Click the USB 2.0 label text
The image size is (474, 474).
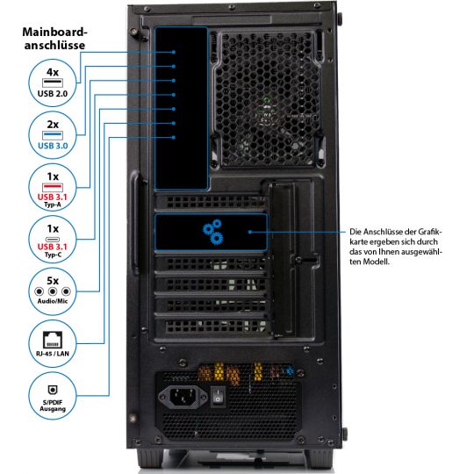click(x=53, y=94)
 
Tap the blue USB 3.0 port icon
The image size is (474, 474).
click(x=53, y=135)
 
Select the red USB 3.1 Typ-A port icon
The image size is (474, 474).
click(x=53, y=187)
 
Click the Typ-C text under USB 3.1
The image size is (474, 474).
click(x=53, y=255)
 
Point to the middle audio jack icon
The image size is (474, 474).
click(x=53, y=291)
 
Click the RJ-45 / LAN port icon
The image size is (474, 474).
click(x=53, y=340)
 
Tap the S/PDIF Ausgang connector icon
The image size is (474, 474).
click(x=53, y=390)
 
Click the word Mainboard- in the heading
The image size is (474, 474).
click(x=54, y=32)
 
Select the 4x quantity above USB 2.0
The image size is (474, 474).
click(x=53, y=72)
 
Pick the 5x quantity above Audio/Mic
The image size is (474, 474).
click(x=53, y=281)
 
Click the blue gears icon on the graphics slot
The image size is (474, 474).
click(x=212, y=232)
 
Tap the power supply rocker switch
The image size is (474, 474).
click(x=218, y=397)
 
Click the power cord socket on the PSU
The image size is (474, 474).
click(x=183, y=397)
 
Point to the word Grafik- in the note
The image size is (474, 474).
click(x=430, y=232)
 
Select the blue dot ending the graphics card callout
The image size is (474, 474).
click(x=250, y=232)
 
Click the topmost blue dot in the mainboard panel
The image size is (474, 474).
click(x=174, y=52)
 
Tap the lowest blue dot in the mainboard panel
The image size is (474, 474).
click(x=174, y=138)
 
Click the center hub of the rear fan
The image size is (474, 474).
click(x=266, y=111)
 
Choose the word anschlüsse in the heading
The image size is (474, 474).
click(x=54, y=46)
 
